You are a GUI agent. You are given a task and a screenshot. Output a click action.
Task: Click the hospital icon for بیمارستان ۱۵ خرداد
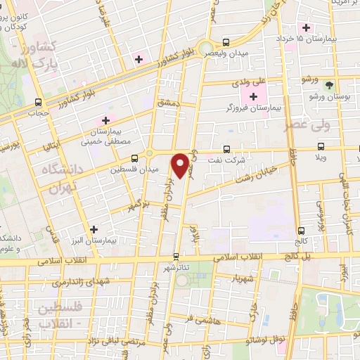coord(305,27)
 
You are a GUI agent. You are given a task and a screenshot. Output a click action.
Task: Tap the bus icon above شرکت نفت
coord(226,149)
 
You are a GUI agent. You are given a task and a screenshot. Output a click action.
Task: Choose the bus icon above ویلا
coord(321,146)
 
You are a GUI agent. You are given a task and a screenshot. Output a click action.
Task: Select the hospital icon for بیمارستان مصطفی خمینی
coord(107,120)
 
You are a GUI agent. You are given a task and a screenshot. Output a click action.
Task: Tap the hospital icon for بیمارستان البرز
coord(94,229)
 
